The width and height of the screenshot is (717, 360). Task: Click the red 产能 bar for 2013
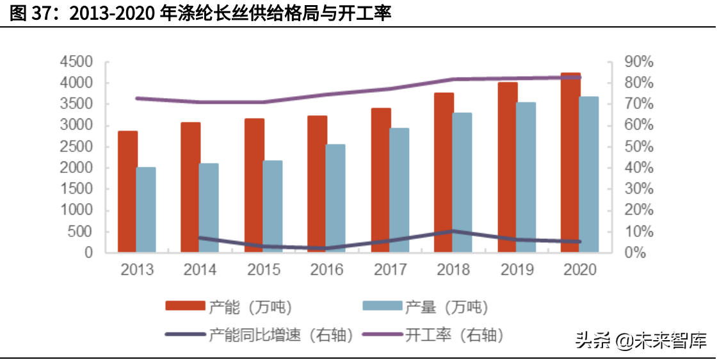click(x=127, y=192)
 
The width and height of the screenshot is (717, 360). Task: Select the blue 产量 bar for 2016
click(x=335, y=198)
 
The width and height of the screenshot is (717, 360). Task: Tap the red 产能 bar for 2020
click(x=570, y=163)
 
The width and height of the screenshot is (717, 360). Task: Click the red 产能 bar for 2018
click(x=444, y=172)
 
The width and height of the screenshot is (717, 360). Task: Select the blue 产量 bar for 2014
click(x=209, y=208)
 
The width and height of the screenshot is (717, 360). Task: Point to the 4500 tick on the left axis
click(x=76, y=62)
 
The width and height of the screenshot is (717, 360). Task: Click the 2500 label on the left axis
click(x=76, y=147)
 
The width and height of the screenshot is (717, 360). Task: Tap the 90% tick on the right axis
click(x=638, y=62)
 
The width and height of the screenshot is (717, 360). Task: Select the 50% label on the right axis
click(x=638, y=147)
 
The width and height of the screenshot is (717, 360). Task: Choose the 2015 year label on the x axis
click(x=264, y=270)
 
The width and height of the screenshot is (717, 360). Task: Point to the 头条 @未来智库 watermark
click(x=640, y=340)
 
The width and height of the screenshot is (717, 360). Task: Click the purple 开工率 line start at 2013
click(x=137, y=98)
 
